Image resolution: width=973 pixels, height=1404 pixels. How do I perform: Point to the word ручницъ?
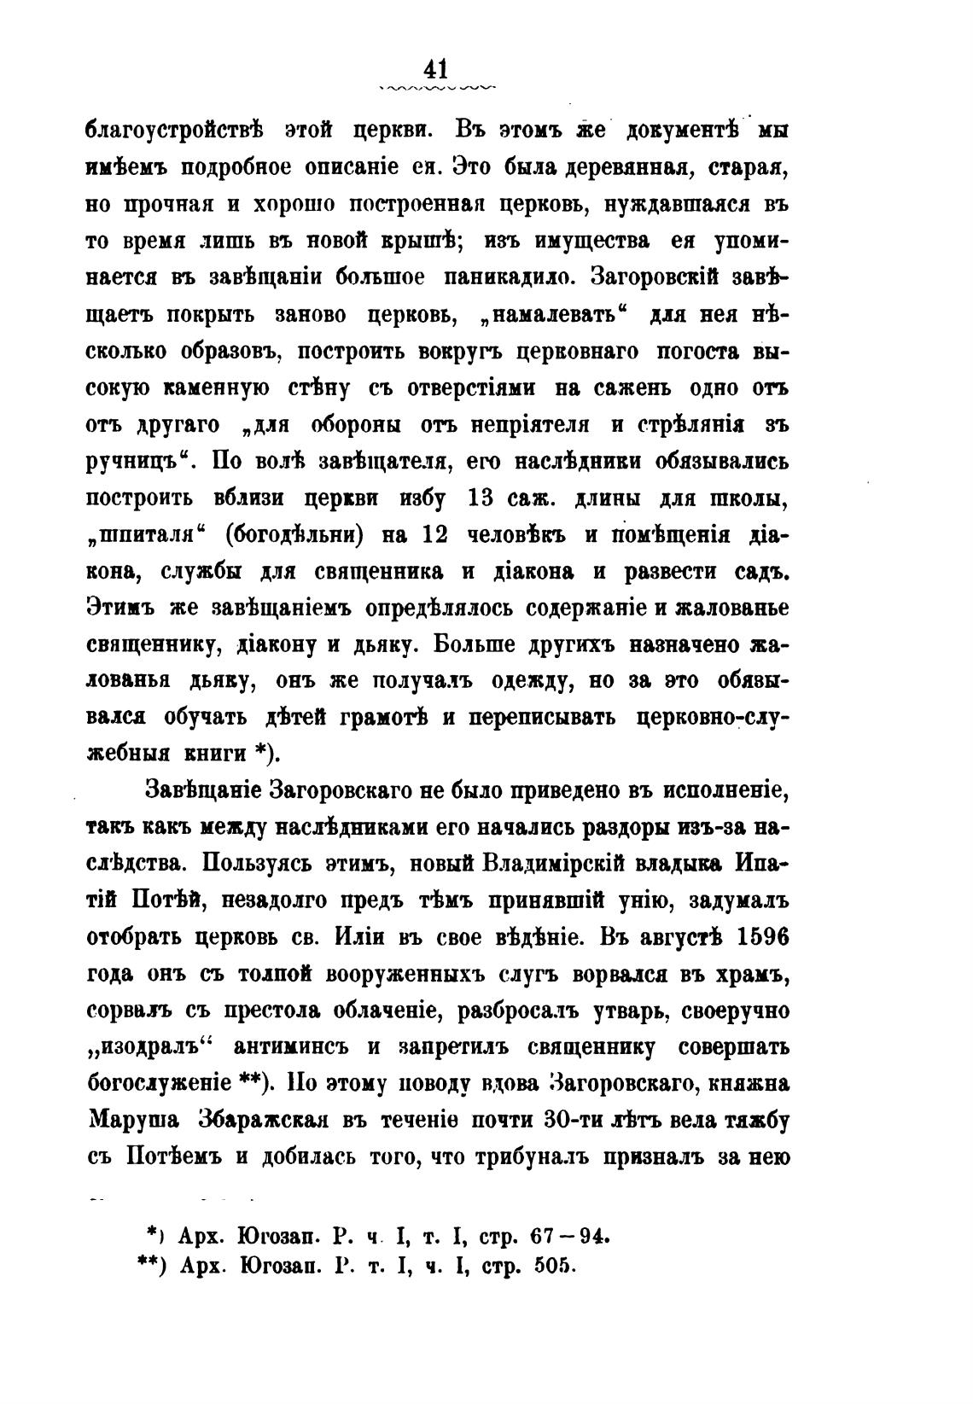click(x=139, y=462)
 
